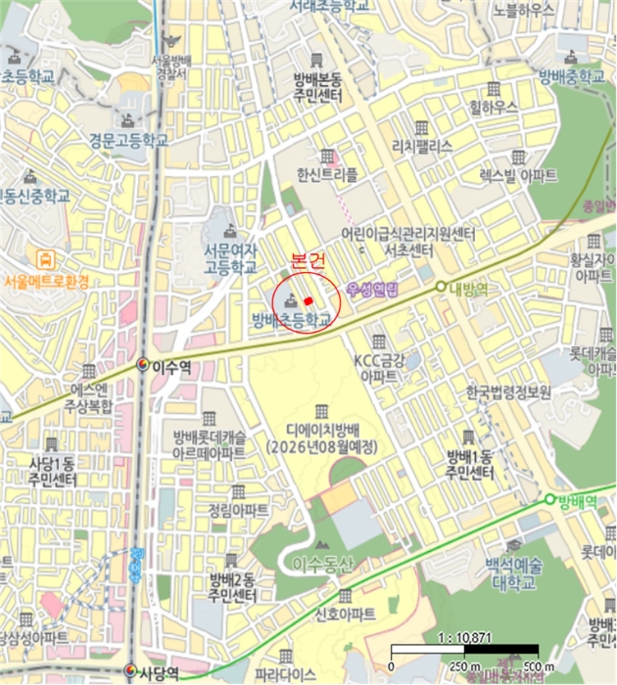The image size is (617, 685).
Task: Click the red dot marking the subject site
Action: click(308, 300)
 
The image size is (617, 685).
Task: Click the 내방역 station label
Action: click(468, 288)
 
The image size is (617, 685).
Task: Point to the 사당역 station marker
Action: click(130, 672)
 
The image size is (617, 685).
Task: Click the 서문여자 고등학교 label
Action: click(230, 258)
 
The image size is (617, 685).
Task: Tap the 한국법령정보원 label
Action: click(509, 391)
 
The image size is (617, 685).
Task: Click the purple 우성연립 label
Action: click(373, 290)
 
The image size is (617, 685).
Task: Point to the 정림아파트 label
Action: click(237, 509)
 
